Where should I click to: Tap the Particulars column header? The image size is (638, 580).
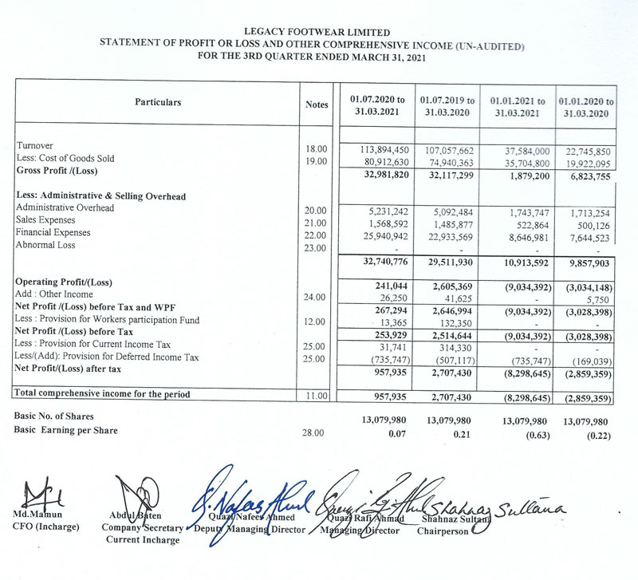(x=158, y=102)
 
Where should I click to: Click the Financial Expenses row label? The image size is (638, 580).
(x=53, y=233)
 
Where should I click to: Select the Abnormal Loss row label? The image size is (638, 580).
(x=45, y=246)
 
